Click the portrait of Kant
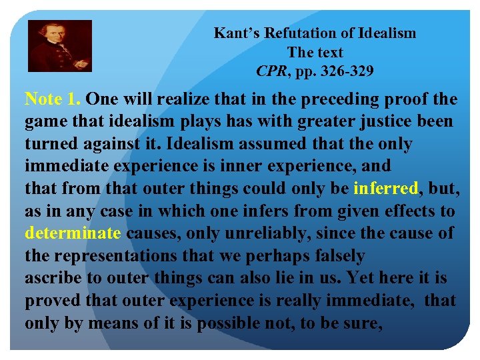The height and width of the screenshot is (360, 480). click(59, 46)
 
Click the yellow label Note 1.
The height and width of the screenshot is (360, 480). click(53, 99)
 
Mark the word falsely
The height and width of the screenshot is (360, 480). click(333, 256)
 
